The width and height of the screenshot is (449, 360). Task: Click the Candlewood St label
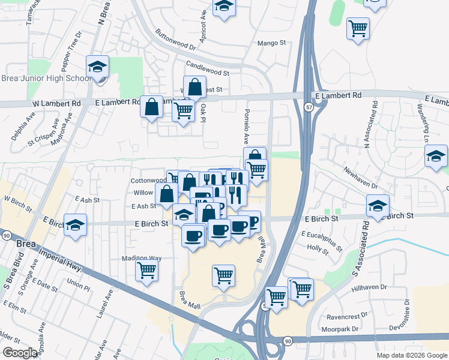(x=208, y=68)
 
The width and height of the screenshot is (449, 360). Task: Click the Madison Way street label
(x=142, y=258)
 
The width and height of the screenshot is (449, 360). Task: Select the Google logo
(x=20, y=353)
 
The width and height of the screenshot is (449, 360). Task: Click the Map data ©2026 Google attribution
(x=411, y=355)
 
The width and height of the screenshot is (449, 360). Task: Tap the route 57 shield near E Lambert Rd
(x=307, y=106)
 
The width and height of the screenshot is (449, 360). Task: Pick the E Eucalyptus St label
(x=322, y=241)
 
